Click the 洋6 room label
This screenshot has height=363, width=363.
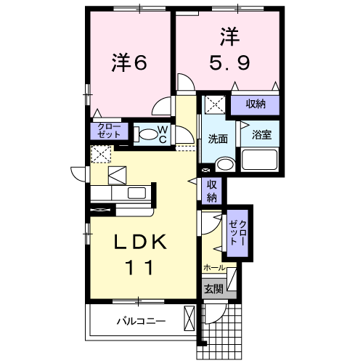click(x=129, y=63)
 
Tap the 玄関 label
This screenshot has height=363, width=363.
click(x=213, y=289)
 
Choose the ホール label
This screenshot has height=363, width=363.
click(x=214, y=267)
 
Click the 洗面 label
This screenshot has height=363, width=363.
click(x=218, y=139)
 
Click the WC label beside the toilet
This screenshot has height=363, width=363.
click(x=163, y=134)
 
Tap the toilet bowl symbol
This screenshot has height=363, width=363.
click(x=147, y=134)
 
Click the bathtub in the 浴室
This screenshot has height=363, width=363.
click(x=259, y=160)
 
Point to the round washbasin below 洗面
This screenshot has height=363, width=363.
click(x=224, y=164)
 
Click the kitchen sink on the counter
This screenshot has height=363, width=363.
click(x=136, y=192)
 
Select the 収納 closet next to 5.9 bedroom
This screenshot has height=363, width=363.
click(x=254, y=104)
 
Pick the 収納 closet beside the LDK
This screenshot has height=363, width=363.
click(x=212, y=191)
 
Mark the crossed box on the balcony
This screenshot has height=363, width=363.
click(x=189, y=319)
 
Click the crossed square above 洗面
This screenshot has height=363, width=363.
click(x=214, y=104)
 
